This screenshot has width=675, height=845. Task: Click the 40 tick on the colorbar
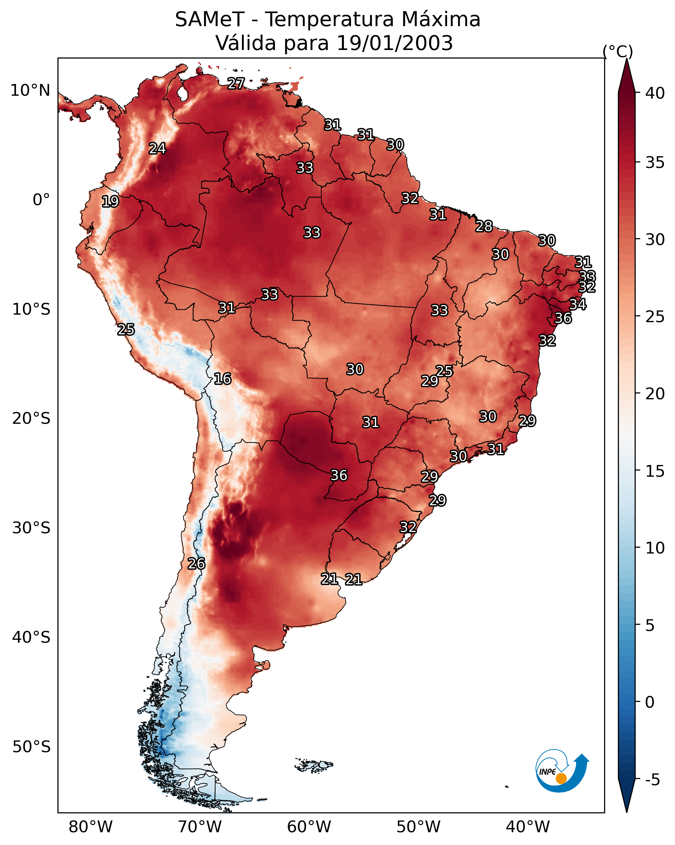(655, 93)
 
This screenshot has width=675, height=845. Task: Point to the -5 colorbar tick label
(655, 780)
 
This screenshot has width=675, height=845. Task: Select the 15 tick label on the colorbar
(655, 471)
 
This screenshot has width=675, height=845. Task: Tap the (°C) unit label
(618, 51)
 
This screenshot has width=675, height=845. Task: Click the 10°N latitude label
(30, 91)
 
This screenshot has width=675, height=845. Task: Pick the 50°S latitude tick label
(31, 747)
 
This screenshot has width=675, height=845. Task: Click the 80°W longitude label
(90, 827)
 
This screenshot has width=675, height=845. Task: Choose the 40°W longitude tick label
(528, 827)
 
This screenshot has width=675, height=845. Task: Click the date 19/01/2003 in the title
(394, 43)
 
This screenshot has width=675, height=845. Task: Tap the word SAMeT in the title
(210, 20)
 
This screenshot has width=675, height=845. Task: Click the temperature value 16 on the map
(222, 379)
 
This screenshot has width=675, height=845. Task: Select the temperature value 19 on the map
(110, 202)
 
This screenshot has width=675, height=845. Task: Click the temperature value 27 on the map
(236, 83)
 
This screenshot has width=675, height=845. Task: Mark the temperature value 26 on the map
(196, 564)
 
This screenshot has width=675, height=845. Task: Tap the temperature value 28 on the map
(484, 226)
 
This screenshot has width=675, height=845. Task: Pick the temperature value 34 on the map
(577, 304)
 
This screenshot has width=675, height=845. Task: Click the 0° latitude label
(41, 200)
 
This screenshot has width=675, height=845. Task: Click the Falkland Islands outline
(313, 765)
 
